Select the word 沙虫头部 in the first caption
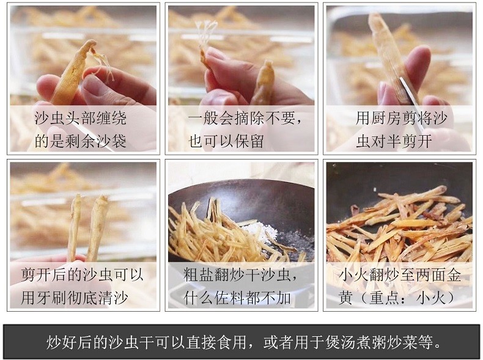coord(65,118)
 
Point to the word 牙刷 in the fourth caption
coord(52,298)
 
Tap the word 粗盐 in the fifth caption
coord(199,274)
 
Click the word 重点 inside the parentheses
coord(385,298)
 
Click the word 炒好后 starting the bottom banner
coord(69,342)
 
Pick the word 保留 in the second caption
coord(249,141)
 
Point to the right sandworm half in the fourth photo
coord(98,228)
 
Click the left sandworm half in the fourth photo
coord(74,228)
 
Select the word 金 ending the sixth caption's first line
coord(454,274)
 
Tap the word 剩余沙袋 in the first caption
coord(96,141)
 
